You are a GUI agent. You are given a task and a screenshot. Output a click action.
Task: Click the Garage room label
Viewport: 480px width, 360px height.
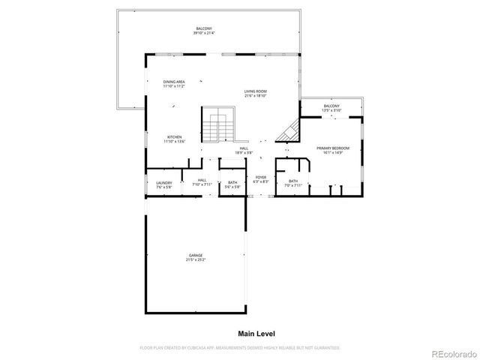(195, 256)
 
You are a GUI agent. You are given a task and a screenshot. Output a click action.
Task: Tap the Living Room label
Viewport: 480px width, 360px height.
(255, 91)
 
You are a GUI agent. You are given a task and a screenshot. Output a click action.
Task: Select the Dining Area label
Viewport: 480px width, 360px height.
(174, 82)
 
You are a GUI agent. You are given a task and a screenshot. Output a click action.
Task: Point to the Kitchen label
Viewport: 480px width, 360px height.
(174, 137)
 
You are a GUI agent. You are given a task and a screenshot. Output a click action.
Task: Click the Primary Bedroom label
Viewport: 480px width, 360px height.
(333, 148)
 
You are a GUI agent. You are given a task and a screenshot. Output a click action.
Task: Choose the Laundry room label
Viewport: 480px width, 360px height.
(163, 183)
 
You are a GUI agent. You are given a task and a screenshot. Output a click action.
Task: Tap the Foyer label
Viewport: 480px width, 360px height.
(260, 178)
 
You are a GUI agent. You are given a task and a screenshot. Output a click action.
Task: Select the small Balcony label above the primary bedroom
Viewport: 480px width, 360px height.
(331, 106)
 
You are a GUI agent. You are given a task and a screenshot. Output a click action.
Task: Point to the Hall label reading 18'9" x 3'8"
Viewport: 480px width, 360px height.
(244, 148)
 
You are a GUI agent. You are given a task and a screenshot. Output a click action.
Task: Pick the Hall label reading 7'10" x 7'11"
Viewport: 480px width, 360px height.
(202, 180)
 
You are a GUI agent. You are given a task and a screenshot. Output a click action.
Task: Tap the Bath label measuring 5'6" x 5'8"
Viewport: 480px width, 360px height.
(232, 182)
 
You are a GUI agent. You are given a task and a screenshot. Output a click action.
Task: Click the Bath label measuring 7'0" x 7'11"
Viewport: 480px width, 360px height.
(292, 181)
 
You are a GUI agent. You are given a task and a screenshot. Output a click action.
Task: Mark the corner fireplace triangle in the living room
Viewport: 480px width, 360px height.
(287, 133)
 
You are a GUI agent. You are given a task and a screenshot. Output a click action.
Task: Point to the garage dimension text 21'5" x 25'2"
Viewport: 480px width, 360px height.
(195, 259)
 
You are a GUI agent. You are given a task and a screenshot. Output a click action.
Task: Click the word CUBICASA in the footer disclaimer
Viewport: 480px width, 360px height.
(193, 348)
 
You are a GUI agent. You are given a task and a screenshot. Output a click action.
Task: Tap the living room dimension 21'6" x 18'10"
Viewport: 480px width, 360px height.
(255, 96)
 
